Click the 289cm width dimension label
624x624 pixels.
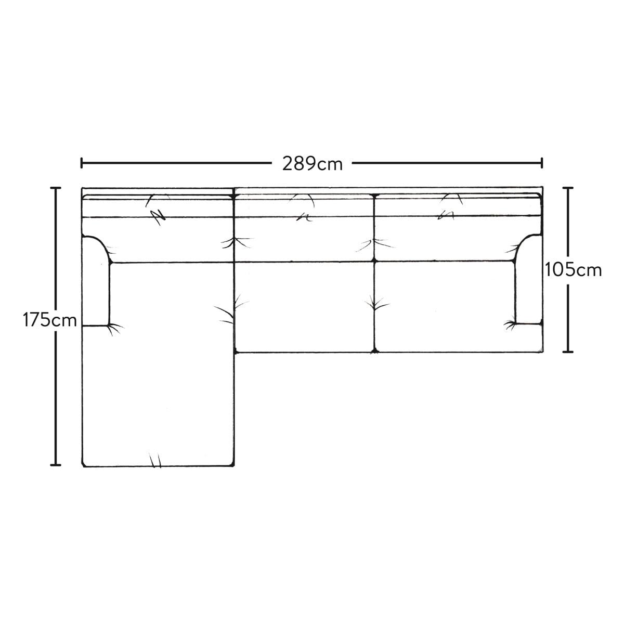[312, 164]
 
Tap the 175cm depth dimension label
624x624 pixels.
[49, 320]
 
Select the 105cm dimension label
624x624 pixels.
[573, 270]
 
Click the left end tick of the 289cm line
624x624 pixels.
[81, 163]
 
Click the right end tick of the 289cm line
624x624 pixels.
[542, 163]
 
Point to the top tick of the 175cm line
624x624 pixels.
[55, 188]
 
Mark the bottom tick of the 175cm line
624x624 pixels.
[55, 465]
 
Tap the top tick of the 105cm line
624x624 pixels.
[568, 188]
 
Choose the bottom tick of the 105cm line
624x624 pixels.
[568, 352]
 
